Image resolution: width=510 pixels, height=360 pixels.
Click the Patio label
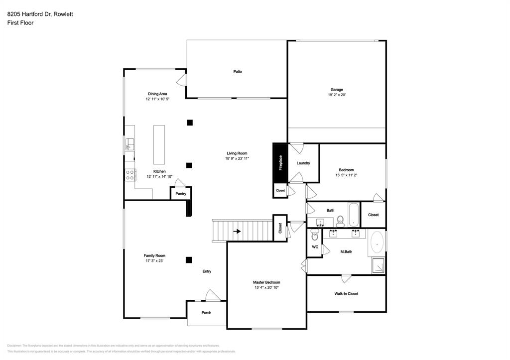point(238,72)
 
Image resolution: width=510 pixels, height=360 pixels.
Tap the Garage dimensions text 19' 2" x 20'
point(337,95)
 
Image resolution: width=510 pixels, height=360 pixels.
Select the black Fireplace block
point(279,163)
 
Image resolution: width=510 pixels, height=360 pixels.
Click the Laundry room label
point(303,163)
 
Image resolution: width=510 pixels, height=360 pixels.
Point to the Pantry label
point(181,194)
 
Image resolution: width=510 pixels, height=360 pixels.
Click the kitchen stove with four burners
point(130,175)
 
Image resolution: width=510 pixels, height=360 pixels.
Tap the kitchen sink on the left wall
point(129,144)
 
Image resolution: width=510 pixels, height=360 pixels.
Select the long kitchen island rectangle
point(159,144)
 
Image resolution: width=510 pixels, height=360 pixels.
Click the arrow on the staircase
point(238,232)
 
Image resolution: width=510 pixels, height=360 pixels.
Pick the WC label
point(315,247)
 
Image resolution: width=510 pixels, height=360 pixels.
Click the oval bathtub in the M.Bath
point(377,243)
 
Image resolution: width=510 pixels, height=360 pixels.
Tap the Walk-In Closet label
point(346,294)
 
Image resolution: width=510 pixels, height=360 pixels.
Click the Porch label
point(206,313)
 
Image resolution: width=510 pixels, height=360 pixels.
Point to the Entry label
point(207,271)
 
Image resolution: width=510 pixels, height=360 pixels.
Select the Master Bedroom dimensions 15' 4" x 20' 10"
point(266,287)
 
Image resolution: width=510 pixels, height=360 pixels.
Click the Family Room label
point(154,255)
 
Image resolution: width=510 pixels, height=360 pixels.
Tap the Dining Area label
point(157,94)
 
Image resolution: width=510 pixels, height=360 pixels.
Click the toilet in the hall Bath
point(341,220)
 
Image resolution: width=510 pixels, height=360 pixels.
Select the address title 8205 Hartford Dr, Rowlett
point(40,14)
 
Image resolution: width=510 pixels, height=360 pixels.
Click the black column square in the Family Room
point(189,259)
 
